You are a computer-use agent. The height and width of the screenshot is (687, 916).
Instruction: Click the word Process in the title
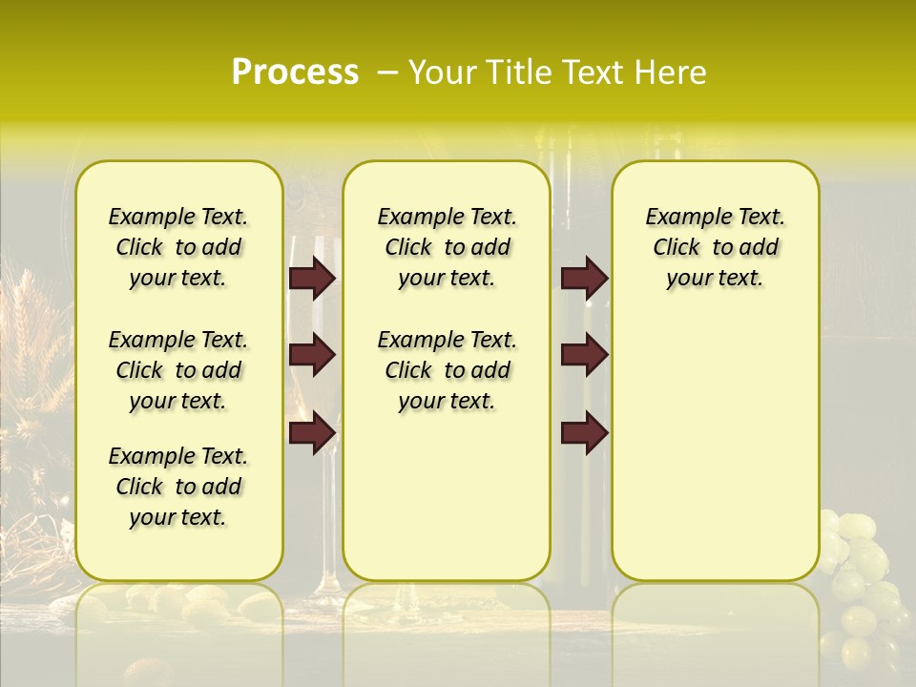[x=295, y=73]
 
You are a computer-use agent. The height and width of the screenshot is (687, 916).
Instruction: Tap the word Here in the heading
[x=671, y=73]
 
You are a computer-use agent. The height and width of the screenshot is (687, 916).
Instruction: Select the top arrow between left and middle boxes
[x=312, y=278]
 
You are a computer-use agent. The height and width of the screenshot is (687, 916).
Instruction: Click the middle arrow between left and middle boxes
[x=312, y=355]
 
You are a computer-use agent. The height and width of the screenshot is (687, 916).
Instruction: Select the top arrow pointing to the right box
[x=584, y=278]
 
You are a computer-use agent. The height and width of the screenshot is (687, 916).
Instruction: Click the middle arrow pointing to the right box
[x=584, y=355]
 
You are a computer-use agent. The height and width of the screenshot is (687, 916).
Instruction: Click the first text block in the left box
[x=178, y=247]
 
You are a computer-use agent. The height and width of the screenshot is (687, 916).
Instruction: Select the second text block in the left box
[x=178, y=370]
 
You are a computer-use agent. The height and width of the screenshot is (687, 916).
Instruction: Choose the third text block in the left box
[x=178, y=487]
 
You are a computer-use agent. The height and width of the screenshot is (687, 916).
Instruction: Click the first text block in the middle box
[x=447, y=247]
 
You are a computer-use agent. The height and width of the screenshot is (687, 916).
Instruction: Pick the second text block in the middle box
[x=447, y=370]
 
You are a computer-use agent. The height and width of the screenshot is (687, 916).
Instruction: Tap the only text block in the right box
[x=715, y=247]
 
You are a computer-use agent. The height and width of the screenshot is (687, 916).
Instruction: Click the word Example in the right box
[x=680, y=218]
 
